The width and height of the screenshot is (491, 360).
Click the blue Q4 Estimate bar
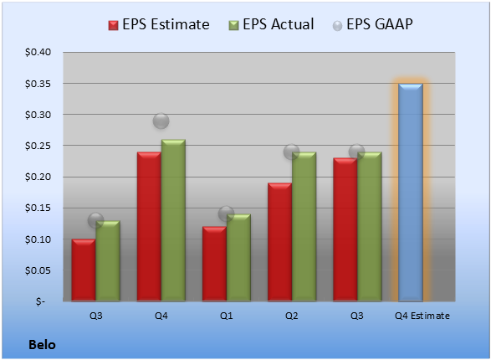411,193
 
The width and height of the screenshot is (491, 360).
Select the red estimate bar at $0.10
84,270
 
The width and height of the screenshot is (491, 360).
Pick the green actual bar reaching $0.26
173,220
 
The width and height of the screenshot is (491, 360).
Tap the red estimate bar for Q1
214,264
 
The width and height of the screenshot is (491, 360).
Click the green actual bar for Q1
238,258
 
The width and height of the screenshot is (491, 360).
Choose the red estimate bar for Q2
279,242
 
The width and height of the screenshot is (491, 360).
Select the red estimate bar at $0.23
345,229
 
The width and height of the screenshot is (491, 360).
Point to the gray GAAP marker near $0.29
161,121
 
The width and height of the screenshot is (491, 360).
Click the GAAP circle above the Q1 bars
226,214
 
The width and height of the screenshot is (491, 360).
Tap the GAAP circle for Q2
292,152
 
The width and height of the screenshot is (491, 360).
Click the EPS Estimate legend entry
159,24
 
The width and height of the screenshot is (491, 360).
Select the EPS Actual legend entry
271,24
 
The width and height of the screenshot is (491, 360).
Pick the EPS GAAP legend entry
372,24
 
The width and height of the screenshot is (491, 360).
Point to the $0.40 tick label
38,52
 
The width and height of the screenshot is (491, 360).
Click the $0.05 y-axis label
38,270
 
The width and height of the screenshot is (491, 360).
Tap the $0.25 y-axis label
38,146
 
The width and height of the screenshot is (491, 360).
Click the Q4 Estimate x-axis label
422,316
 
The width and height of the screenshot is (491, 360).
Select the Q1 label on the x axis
226,316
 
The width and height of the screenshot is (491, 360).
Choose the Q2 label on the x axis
292,316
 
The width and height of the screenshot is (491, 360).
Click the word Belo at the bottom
42,345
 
